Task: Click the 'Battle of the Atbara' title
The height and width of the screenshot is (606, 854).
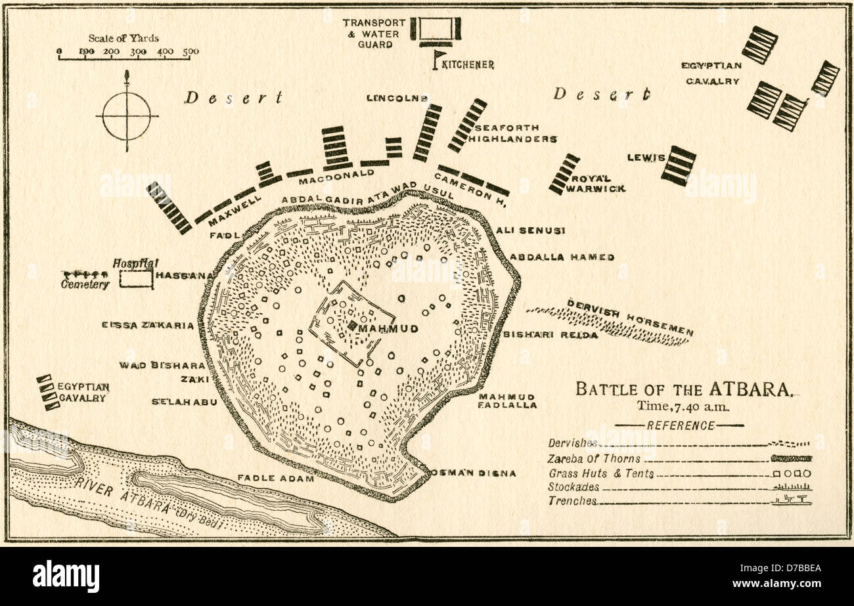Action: pos(683,389)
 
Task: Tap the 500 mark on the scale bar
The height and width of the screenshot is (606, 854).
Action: pos(191,52)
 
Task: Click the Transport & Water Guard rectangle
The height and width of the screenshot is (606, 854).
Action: pos(436,29)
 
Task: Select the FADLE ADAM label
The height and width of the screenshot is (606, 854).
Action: pos(276,479)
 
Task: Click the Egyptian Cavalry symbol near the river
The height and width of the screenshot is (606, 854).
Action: pos(45,392)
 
